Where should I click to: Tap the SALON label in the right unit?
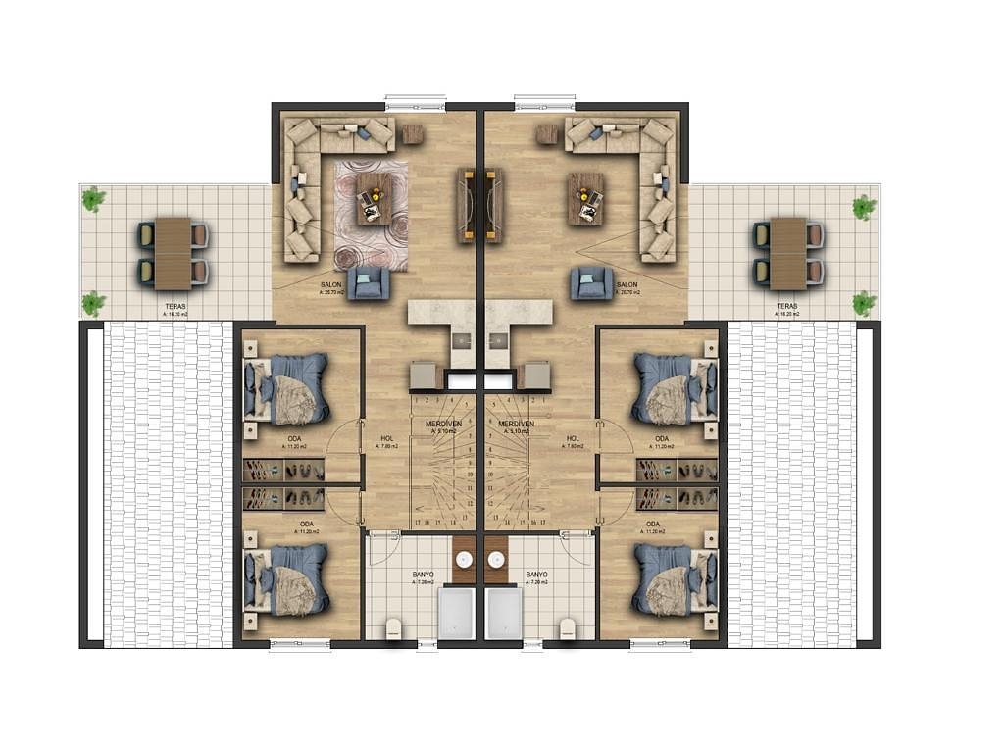tap(627, 285)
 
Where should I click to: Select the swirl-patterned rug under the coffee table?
tap(370, 215)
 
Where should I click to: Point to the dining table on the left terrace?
tap(174, 253)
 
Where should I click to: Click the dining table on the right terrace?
tap(787, 253)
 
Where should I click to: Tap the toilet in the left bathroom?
tap(394, 627)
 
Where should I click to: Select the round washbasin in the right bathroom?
tap(495, 561)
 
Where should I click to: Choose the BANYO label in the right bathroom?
tap(536, 575)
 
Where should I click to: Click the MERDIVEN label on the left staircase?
tap(443, 424)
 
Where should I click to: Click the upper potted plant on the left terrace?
tap(93, 200)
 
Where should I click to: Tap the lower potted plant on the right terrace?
tap(864, 303)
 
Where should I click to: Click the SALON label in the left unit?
tap(330, 285)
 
